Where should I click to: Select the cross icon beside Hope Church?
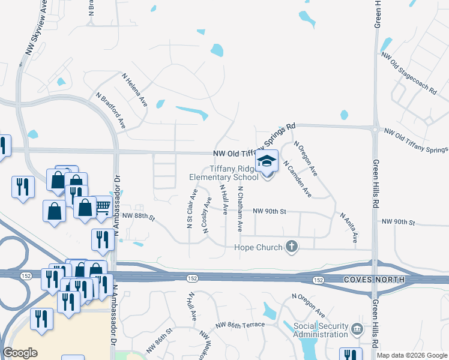coord(292,247)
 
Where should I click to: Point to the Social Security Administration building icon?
coord(357,329)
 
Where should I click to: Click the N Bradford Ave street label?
coord(110,110)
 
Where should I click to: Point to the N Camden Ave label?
coord(297,178)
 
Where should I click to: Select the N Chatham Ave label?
coord(240,209)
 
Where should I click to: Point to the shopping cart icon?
coord(103,206)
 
